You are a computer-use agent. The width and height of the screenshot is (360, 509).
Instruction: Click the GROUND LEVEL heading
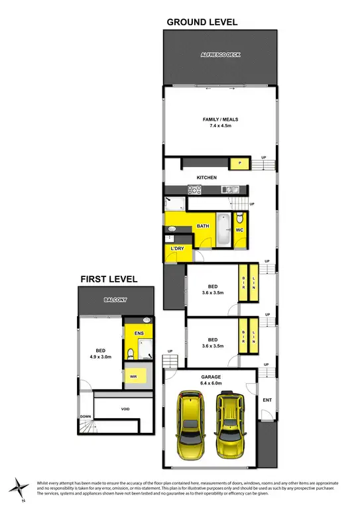(x=202, y=22)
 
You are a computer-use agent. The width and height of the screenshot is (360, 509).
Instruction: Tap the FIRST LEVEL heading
(x=109, y=279)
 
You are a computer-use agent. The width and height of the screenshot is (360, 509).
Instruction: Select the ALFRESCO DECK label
(x=219, y=55)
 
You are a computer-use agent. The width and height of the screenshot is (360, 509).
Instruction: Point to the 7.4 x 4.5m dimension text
(x=220, y=125)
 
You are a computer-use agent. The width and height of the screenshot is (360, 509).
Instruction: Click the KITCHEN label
(x=207, y=178)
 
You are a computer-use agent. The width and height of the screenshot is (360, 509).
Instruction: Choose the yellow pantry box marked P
(x=237, y=162)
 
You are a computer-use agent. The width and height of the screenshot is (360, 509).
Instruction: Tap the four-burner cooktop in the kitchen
(x=194, y=190)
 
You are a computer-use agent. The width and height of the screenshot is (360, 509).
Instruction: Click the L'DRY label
(x=177, y=249)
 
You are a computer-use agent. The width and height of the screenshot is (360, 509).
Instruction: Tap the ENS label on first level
(x=139, y=333)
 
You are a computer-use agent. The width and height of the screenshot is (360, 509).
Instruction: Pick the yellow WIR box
(x=134, y=376)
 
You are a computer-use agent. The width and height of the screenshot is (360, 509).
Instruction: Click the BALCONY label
(x=115, y=300)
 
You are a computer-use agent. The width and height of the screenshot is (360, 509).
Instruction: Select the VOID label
(x=125, y=409)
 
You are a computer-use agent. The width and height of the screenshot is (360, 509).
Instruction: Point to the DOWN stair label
(x=86, y=417)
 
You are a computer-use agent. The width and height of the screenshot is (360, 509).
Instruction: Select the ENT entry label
(x=267, y=400)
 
